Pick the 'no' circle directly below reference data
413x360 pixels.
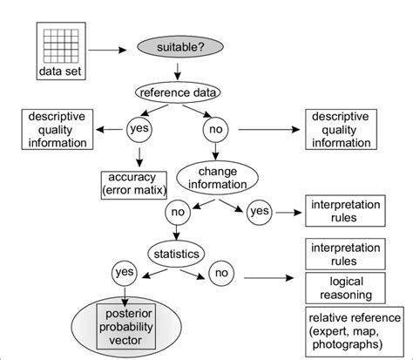point(214,130)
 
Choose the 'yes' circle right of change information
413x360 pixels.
point(260,211)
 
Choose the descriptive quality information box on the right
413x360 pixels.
point(349,128)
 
